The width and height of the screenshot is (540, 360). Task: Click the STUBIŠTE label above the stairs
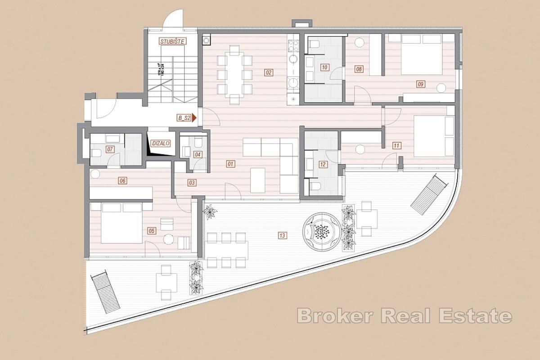[172, 41]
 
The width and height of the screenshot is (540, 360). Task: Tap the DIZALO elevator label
[161, 144]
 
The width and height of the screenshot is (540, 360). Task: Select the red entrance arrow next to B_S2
[194, 118]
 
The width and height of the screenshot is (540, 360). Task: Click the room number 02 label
[269, 72]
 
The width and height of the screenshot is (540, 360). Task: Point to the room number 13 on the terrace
[282, 235]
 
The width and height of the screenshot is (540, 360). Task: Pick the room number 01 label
[230, 164]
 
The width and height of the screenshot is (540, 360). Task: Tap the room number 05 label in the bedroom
[152, 230]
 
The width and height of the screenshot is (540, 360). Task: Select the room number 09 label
[421, 84]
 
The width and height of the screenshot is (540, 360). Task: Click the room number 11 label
[396, 145]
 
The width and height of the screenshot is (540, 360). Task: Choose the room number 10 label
[324, 68]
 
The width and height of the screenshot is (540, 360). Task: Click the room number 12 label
[323, 164]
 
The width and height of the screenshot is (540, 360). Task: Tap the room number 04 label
[198, 154]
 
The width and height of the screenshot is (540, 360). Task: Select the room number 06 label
[122, 181]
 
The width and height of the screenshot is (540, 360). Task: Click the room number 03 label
[192, 182]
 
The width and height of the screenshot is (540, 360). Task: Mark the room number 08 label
[359, 69]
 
